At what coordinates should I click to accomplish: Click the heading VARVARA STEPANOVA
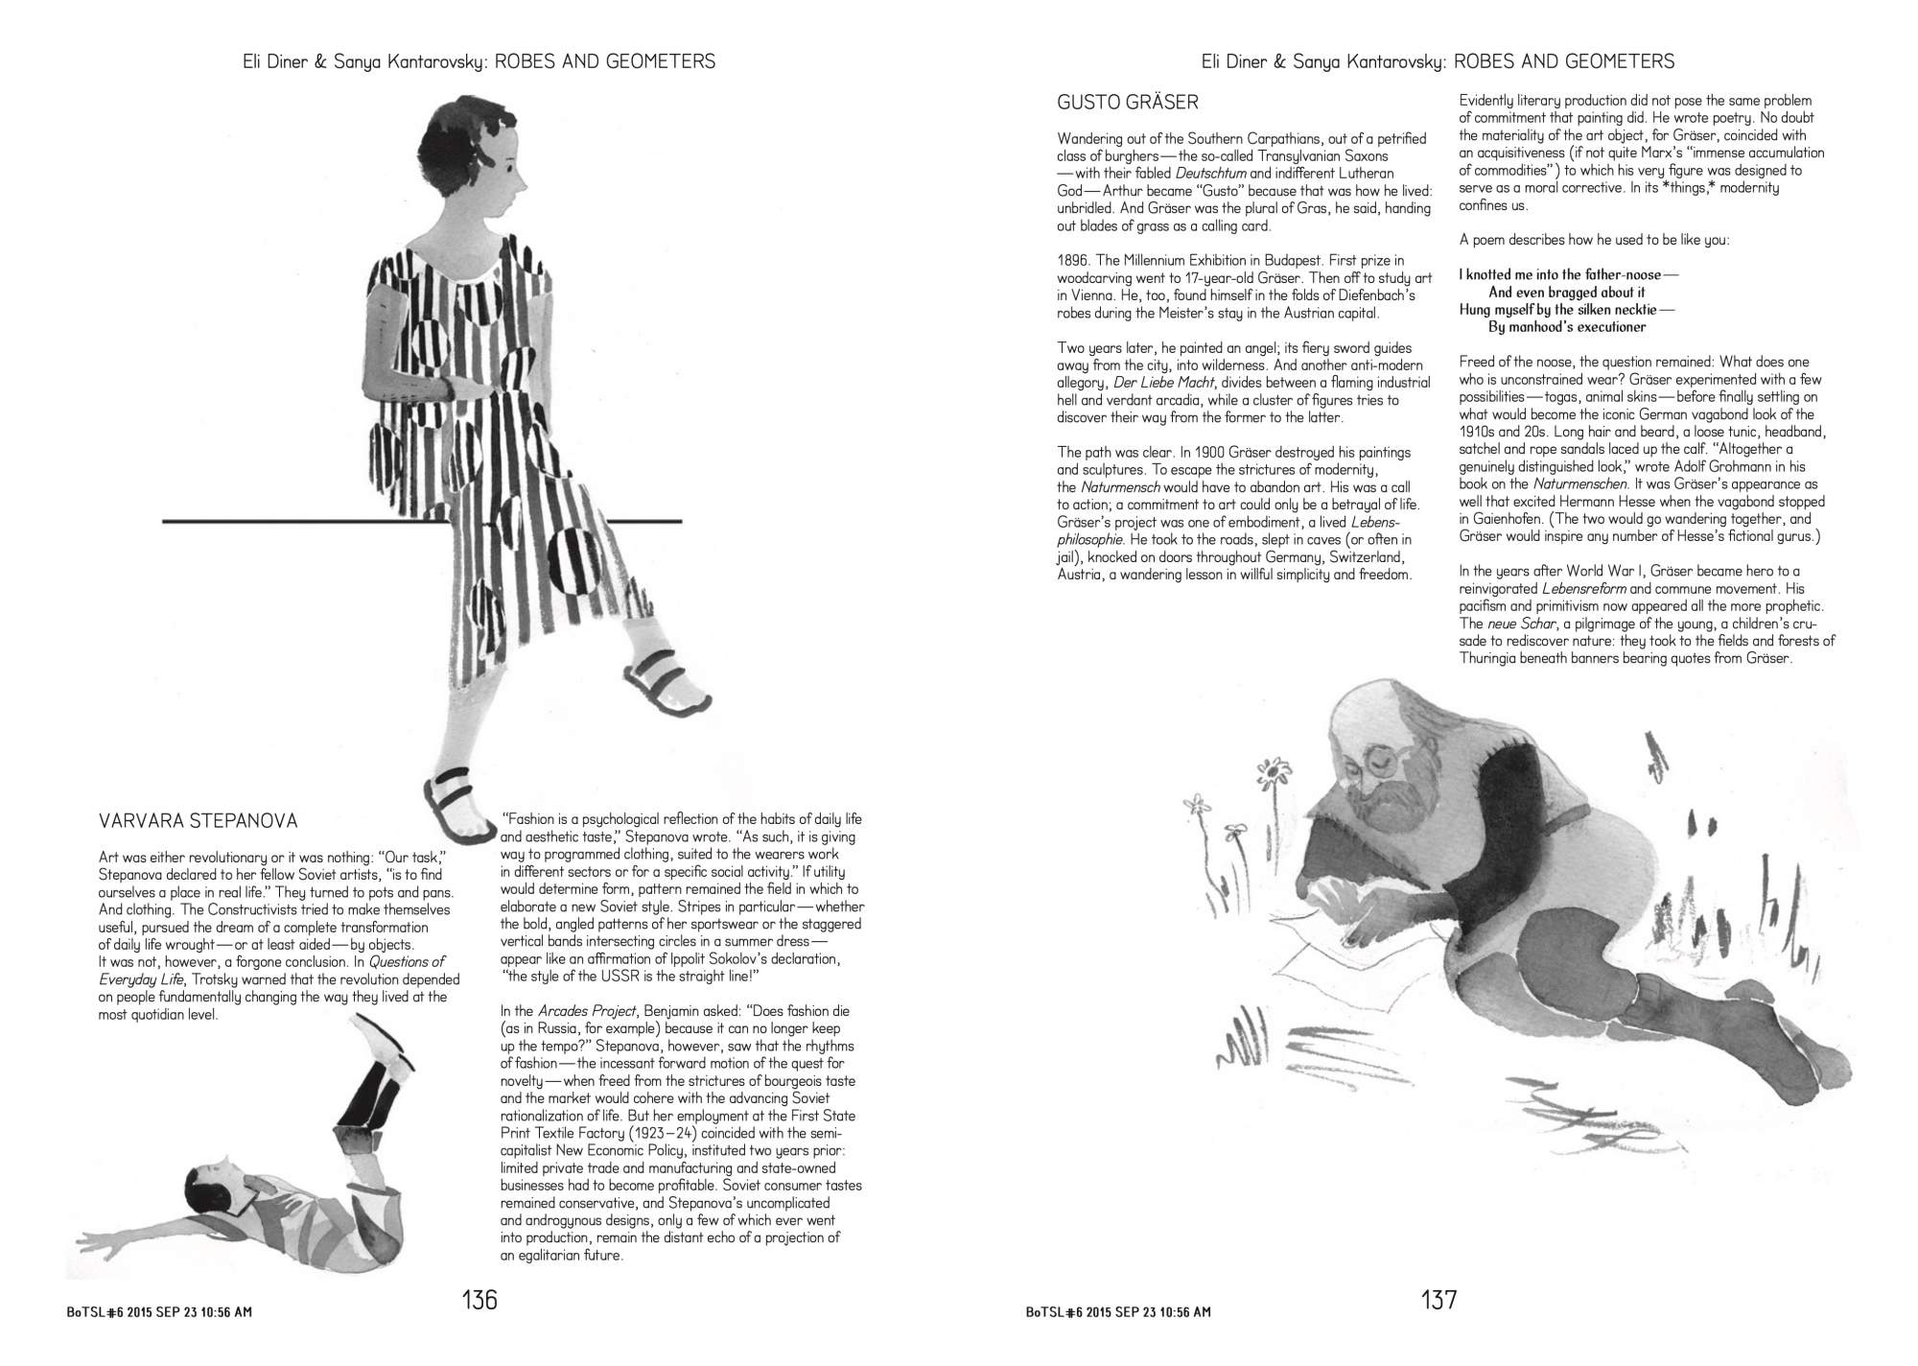(x=199, y=821)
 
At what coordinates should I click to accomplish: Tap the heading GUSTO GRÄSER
(x=1128, y=103)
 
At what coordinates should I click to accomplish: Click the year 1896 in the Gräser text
(x=1074, y=261)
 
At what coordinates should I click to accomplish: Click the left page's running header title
(x=479, y=62)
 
